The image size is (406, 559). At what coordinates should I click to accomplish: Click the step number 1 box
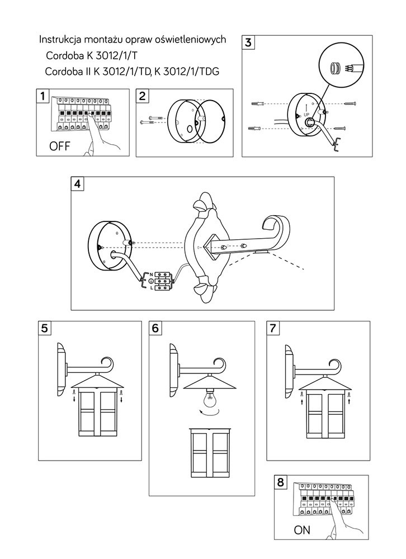point(42,96)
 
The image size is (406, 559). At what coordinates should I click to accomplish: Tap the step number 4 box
point(77,183)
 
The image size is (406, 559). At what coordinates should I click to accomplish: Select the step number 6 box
point(155,328)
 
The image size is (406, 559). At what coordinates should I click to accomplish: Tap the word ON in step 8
point(301,529)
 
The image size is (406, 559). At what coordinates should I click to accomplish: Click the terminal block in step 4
point(163,281)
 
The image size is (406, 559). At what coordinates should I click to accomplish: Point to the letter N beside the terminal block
point(150,274)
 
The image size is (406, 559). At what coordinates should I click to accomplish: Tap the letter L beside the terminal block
point(150,287)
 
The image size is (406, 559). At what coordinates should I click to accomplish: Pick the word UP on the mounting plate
point(306,113)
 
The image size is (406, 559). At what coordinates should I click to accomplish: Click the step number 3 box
point(248,42)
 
